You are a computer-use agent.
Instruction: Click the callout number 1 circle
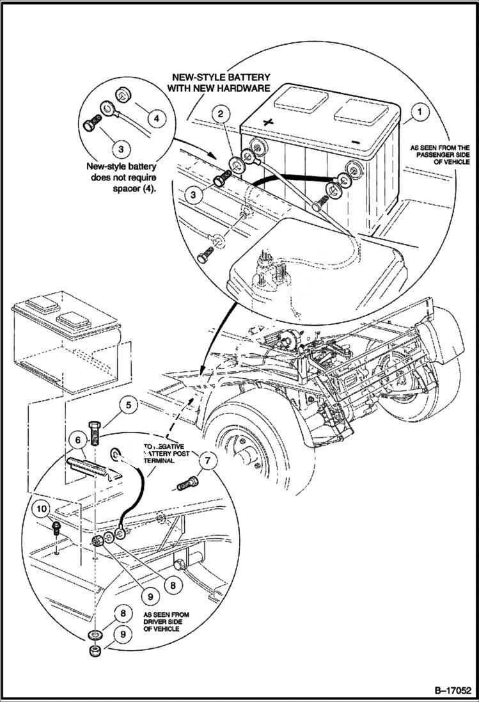click(x=419, y=112)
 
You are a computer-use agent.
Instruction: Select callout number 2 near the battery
click(x=221, y=114)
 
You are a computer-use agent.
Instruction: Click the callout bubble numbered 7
click(x=207, y=458)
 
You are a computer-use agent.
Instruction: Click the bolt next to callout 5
click(x=96, y=433)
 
